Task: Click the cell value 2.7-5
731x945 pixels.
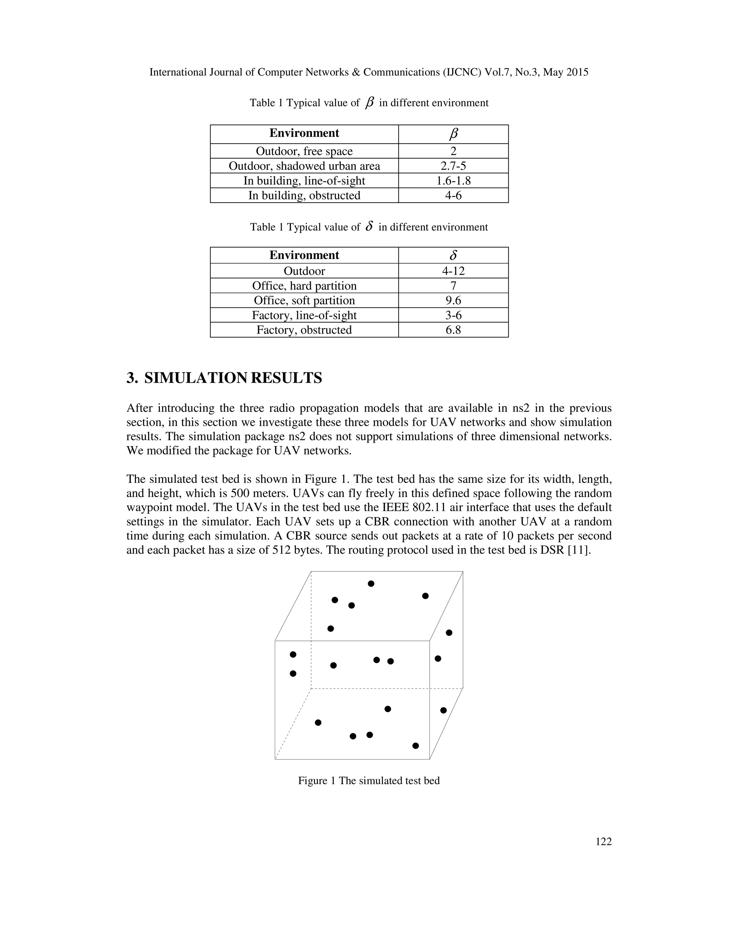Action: pyautogui.click(x=453, y=166)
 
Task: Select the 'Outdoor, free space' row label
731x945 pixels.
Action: pyautogui.click(x=304, y=151)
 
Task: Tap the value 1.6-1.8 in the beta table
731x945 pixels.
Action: pyautogui.click(x=453, y=180)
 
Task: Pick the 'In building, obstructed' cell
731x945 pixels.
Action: pyautogui.click(x=304, y=195)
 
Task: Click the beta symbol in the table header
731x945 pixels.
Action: pyautogui.click(x=453, y=134)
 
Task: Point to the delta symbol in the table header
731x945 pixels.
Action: pyautogui.click(x=453, y=255)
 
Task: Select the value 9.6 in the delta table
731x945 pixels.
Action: pyautogui.click(x=453, y=300)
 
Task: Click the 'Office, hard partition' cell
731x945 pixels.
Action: pyautogui.click(x=304, y=286)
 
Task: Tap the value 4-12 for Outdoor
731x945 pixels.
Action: pyautogui.click(x=453, y=271)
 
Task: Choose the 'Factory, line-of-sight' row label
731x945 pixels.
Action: pyautogui.click(x=304, y=315)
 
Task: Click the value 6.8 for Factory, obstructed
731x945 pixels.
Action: pyautogui.click(x=453, y=330)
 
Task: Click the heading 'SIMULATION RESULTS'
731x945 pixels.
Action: pyautogui.click(x=233, y=378)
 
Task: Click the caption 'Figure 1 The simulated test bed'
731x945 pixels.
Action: pyautogui.click(x=368, y=781)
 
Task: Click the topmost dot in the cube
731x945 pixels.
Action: pyautogui.click(x=371, y=584)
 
